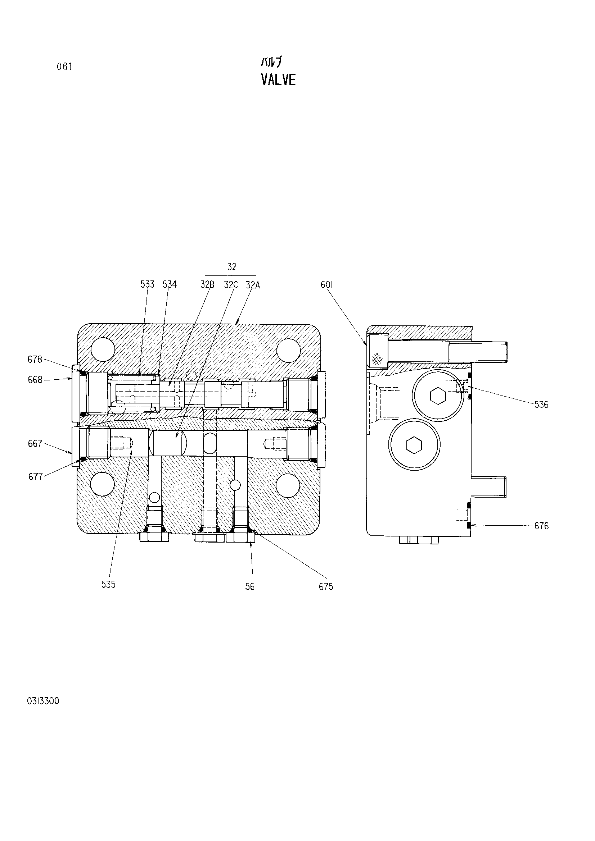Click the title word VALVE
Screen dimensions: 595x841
(278, 79)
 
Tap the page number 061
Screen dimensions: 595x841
(64, 67)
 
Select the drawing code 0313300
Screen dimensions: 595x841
(43, 701)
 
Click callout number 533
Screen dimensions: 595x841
(147, 284)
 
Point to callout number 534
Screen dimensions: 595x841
(170, 284)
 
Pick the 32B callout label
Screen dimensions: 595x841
(207, 285)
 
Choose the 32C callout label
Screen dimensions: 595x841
(231, 285)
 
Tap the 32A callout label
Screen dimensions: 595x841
(253, 285)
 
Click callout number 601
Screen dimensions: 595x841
(326, 285)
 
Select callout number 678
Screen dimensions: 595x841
(35, 360)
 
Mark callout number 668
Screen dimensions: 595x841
(35, 380)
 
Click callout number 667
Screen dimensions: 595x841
(35, 444)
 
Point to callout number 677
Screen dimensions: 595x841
(36, 476)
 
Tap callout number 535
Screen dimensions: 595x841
(108, 584)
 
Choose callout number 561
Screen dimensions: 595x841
(251, 587)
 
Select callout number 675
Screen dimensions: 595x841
(326, 587)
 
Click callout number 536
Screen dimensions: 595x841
(541, 404)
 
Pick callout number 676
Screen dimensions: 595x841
(541, 526)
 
